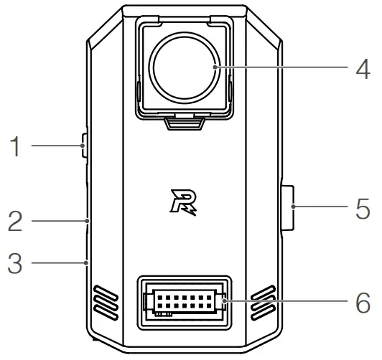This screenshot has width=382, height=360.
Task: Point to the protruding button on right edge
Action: (287, 208)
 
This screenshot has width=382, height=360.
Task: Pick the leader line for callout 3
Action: (57, 264)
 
